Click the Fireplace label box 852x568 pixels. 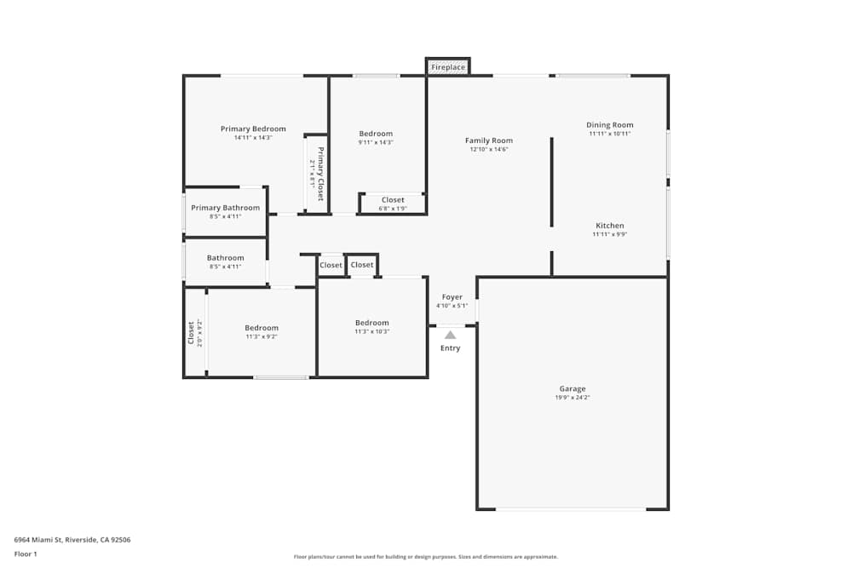tap(448, 66)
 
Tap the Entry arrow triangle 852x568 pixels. tap(450, 336)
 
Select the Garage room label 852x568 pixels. tap(572, 389)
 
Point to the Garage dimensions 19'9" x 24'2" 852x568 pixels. tap(572, 398)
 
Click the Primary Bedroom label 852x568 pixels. tap(253, 129)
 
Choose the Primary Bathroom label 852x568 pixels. tap(225, 208)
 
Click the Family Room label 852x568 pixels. tap(489, 141)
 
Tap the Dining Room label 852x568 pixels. tap(610, 125)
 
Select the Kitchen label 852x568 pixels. tap(609, 226)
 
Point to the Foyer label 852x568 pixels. tap(452, 297)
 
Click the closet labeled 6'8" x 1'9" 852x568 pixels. tap(393, 204)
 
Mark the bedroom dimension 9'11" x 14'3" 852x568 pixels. tap(376, 142)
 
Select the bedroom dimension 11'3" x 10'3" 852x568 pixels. tap(372, 331)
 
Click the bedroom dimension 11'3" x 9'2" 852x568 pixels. tap(262, 336)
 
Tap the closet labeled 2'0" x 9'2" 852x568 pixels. tap(195, 332)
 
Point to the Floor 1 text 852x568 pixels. tap(26, 554)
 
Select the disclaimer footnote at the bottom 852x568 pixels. tap(426, 557)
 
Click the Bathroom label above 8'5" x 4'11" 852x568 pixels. tap(225, 258)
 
